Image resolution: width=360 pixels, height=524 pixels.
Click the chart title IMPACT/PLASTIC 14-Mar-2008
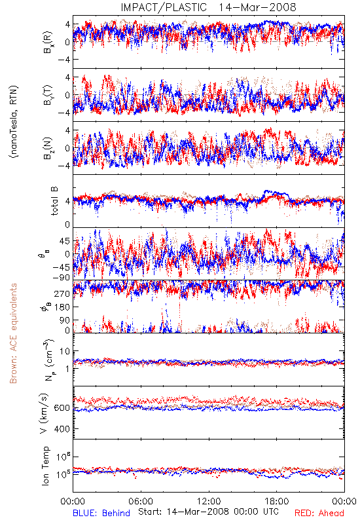(208, 7)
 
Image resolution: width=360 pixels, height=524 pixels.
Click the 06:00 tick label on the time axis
(141, 501)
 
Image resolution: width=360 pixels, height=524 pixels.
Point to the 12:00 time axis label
(209, 501)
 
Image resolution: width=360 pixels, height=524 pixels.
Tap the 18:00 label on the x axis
(277, 501)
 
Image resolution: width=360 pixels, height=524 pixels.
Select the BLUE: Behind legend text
(101, 513)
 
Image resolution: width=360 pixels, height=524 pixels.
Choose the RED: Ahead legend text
(319, 513)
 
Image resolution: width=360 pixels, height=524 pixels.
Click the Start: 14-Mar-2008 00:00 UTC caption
(208, 512)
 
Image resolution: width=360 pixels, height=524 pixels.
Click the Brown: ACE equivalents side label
(13, 333)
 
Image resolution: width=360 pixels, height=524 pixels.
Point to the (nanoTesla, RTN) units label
(14, 122)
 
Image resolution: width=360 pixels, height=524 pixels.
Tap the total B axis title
(54, 201)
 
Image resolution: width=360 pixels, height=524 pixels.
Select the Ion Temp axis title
(45, 466)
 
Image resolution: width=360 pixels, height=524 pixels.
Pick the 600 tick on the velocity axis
(62, 407)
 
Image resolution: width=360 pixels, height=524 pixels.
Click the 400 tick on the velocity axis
(62, 429)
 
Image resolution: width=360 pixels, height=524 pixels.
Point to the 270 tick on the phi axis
(62, 293)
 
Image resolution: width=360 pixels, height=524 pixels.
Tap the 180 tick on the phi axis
(62, 307)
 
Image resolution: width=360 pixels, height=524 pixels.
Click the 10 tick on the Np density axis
(65, 351)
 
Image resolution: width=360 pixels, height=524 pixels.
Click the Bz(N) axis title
(48, 148)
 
